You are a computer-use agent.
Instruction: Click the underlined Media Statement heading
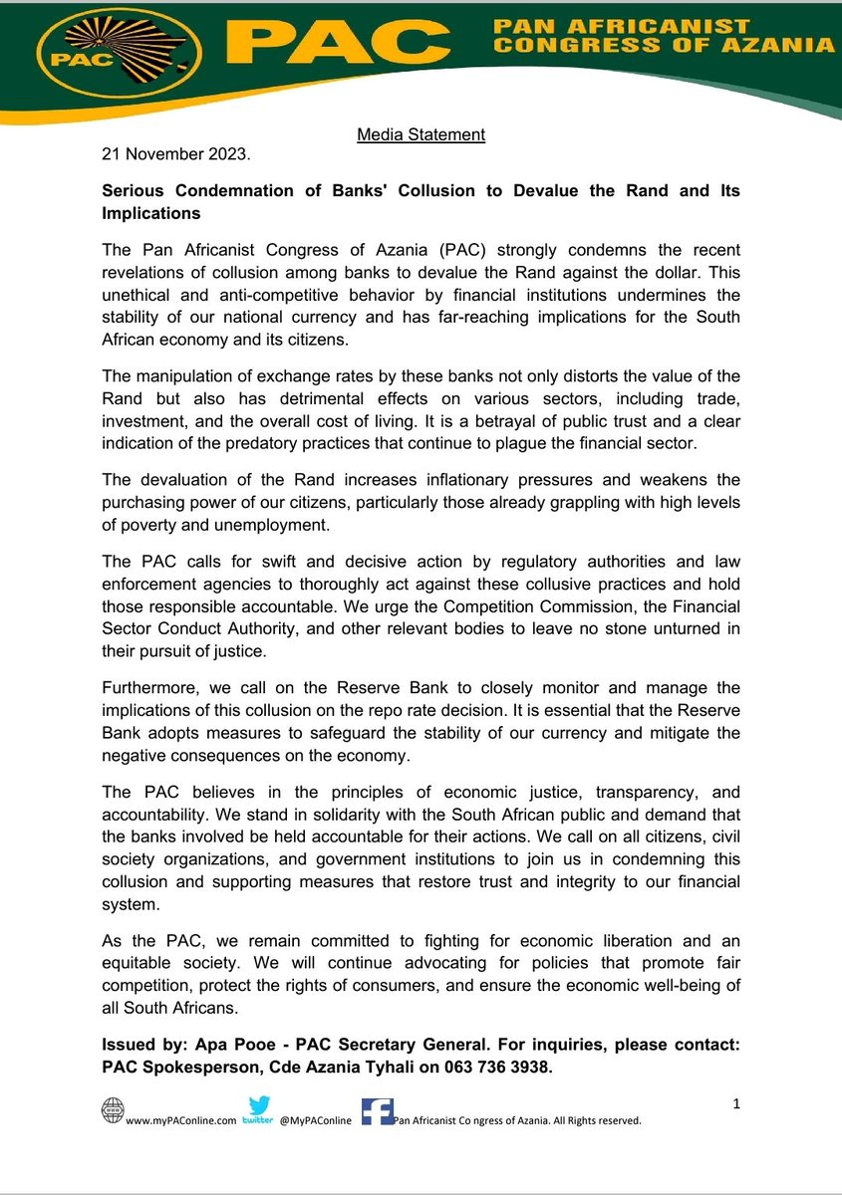point(421,134)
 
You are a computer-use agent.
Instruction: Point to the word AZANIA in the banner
point(778,44)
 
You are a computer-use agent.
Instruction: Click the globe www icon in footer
point(114,1111)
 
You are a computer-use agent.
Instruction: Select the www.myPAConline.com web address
point(180,1120)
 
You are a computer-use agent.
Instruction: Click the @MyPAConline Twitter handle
point(314,1120)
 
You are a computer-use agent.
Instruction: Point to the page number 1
point(735,1104)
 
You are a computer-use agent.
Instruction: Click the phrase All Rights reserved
point(595,1120)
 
